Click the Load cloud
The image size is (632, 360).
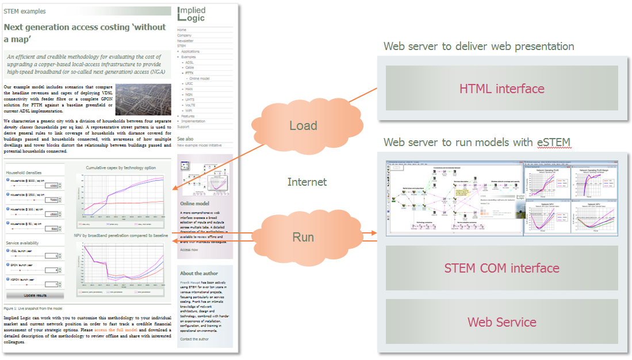pos(303,125)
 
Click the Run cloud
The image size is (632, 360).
pos(303,237)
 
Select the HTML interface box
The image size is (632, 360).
pos(501,89)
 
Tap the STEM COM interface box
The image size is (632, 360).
pos(501,268)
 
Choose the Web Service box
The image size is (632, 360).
pos(501,322)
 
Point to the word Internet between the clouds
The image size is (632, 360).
pos(307,182)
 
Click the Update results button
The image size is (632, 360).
pos(35,295)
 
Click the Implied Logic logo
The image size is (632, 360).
pos(191,14)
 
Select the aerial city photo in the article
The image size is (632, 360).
pos(143,99)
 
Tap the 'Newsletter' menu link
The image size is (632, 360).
pos(185,41)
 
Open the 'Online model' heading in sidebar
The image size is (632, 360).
pos(195,204)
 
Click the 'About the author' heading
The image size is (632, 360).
pos(199,274)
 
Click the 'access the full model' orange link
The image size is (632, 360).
pos(115,330)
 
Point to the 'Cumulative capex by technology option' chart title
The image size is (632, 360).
pos(121,168)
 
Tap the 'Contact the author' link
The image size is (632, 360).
pos(194,339)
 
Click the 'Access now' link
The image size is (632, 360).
pos(189,250)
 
